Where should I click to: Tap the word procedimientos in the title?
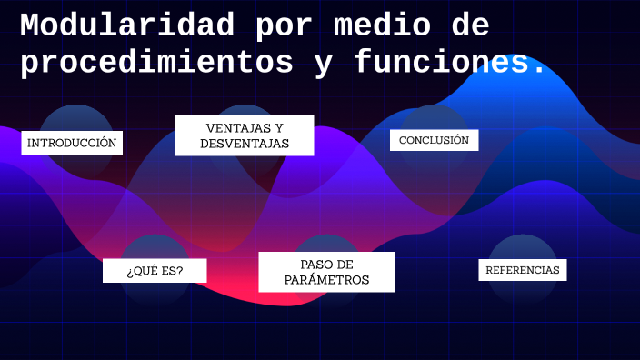click(156, 63)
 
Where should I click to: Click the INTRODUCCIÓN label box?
click(72, 143)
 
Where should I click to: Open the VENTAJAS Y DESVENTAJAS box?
click(245, 135)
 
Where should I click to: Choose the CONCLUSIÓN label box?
click(434, 140)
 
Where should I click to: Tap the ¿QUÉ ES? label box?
click(155, 271)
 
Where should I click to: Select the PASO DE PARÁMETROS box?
click(326, 272)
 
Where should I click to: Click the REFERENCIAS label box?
click(523, 270)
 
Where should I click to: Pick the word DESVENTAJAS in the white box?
click(245, 144)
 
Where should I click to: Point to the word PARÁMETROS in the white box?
click(326, 280)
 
